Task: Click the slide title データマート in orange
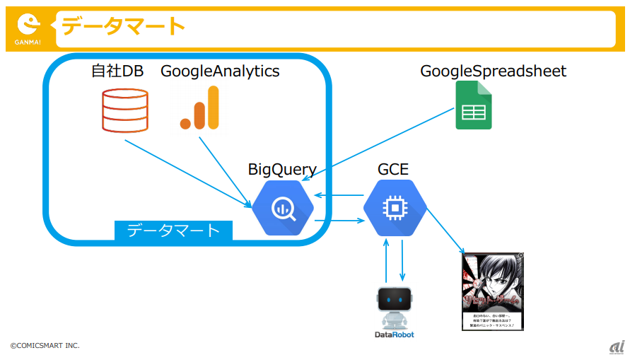click(122, 27)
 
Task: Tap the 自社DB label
click(117, 71)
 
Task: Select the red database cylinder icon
click(124, 110)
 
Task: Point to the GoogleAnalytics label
click(220, 71)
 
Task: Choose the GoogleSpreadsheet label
click(493, 71)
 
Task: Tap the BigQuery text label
click(281, 170)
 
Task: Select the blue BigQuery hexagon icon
click(283, 207)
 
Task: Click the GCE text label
click(393, 170)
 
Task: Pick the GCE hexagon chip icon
click(395, 207)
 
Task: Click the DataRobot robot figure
click(395, 308)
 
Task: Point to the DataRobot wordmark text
click(395, 335)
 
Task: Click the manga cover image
click(492, 291)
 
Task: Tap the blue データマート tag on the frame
click(173, 231)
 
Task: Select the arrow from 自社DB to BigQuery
click(187, 173)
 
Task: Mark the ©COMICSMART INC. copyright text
click(45, 345)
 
